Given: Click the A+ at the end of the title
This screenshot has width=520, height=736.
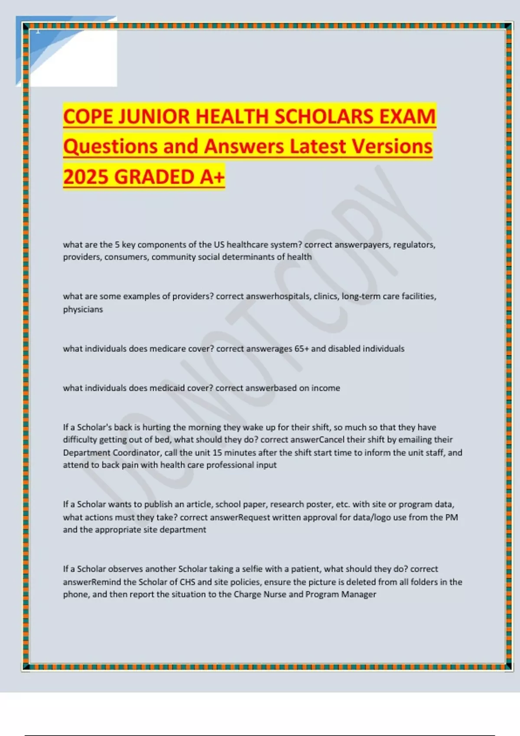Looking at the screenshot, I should coord(212,177).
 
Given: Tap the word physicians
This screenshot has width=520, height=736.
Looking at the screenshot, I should coord(83,309).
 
